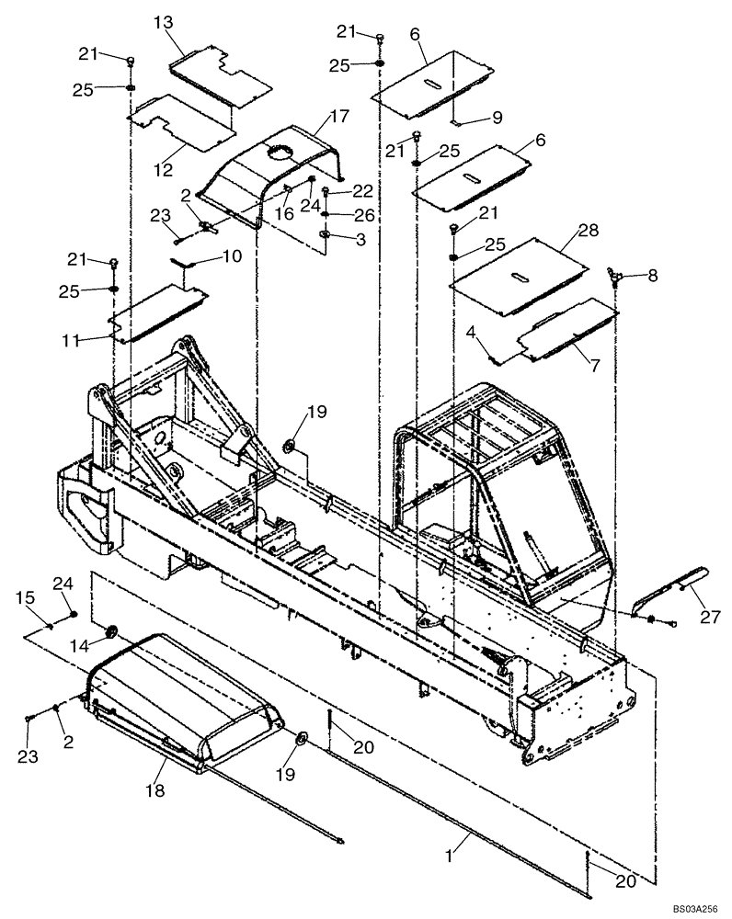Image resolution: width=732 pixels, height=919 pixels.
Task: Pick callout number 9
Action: coord(496,117)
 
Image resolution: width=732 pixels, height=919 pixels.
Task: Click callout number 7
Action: coord(594,365)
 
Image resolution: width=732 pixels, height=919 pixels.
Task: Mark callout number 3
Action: coord(359,238)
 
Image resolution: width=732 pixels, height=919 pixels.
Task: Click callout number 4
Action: coord(470,330)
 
